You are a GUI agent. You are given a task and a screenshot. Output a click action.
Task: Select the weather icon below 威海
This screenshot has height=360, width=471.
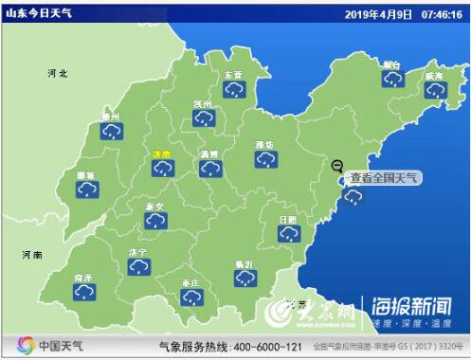tap(435, 89)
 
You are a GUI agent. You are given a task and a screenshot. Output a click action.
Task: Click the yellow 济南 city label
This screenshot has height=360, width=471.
tap(162, 153)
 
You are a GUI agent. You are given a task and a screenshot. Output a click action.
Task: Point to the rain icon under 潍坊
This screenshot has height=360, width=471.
tap(265, 159)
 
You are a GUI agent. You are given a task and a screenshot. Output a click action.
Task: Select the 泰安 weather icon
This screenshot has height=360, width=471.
tap(155, 220)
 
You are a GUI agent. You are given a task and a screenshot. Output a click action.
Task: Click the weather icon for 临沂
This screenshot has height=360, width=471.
tap(245, 278)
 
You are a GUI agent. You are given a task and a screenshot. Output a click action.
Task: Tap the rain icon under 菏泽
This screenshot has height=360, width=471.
tap(83, 292)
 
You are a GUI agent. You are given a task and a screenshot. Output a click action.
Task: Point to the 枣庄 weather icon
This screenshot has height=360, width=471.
tap(192, 297)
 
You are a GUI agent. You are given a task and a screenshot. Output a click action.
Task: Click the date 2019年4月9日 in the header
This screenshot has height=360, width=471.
tap(376, 14)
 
